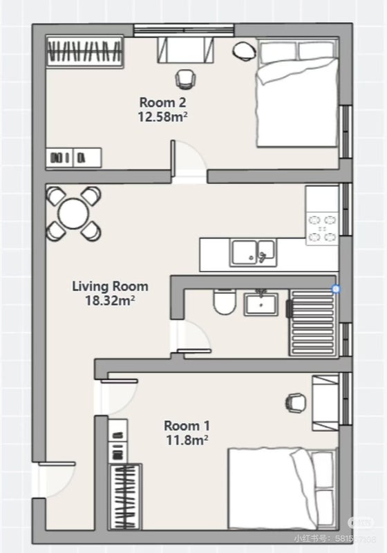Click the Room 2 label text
[163, 103]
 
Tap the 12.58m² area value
[163, 117]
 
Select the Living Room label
[111, 286]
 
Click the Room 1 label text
[187, 425]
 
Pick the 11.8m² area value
[187, 439]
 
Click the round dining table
[73, 213]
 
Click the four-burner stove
[323, 228]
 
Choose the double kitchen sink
[253, 252]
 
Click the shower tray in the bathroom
[312, 321]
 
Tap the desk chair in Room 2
[185, 79]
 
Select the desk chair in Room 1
[295, 401]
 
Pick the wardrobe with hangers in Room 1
[126, 496]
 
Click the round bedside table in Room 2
[244, 50]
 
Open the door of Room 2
[189, 159]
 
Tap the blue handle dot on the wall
[336, 289]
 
